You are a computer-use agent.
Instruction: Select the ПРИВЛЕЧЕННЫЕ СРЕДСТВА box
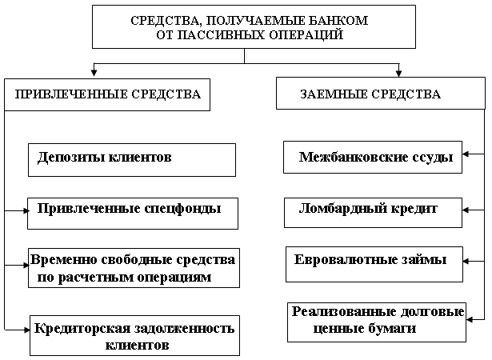108,94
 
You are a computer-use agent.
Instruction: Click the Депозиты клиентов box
132,159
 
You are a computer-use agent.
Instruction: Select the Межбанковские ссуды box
374,158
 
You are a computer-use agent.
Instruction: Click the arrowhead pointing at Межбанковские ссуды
470,154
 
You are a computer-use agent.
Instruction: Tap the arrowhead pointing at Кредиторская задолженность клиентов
26,327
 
